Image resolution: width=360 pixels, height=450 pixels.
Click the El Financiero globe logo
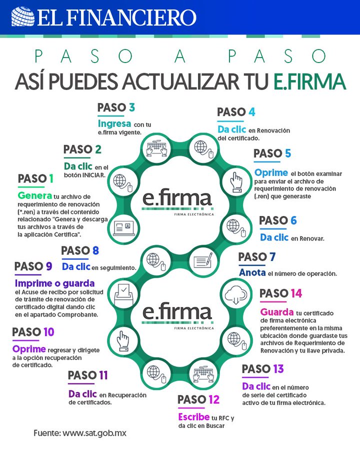tap(22, 16)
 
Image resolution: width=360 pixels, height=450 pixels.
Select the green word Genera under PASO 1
tap(34, 195)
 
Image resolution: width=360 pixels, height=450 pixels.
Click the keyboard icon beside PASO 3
tap(156, 147)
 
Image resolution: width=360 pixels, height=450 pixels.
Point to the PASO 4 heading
tap(236, 112)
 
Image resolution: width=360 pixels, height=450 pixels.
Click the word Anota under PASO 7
tap(252, 273)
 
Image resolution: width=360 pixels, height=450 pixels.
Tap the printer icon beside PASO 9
tap(123, 294)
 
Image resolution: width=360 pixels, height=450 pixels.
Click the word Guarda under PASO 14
tap(276, 312)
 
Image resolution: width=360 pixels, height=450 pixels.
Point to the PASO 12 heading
tap(198, 399)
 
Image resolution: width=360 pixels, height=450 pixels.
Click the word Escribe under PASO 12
tap(194, 416)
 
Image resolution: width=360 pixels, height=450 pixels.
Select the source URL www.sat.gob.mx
tap(94, 433)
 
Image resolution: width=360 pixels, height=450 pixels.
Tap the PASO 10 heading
tap(33, 332)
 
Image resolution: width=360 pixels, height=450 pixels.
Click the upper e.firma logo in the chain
tap(176, 199)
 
